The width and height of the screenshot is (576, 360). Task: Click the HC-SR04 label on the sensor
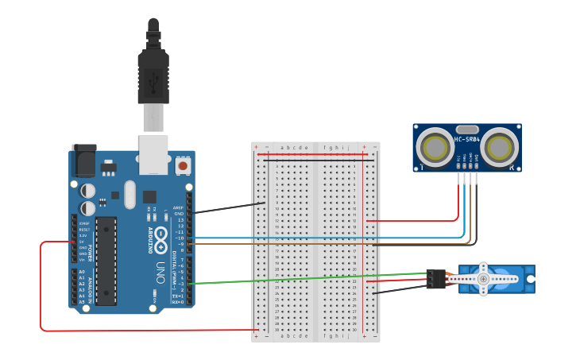click(x=467, y=141)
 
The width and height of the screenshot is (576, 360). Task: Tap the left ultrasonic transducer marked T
click(x=435, y=147)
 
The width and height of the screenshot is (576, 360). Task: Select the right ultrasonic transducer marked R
click(x=499, y=147)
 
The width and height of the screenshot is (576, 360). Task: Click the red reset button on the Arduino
click(x=184, y=166)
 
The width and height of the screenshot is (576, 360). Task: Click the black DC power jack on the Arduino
click(x=83, y=162)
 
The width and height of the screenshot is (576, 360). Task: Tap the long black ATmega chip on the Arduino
click(x=106, y=260)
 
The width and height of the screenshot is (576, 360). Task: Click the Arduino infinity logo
click(x=160, y=238)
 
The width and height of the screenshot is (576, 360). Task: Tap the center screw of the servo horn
click(x=483, y=279)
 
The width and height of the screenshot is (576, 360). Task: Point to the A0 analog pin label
click(x=82, y=272)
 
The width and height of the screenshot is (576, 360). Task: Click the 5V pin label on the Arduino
click(x=82, y=242)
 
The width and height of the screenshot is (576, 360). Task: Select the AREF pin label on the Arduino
click(x=178, y=208)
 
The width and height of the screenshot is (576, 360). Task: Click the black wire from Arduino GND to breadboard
click(x=230, y=208)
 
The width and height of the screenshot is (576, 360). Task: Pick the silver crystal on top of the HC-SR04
click(x=467, y=130)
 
